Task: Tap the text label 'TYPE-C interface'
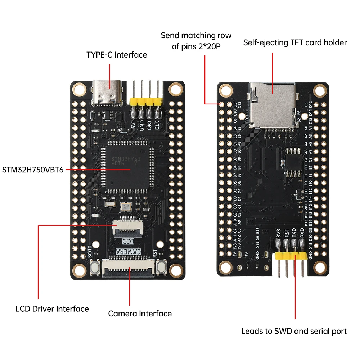pyautogui.click(x=117, y=55)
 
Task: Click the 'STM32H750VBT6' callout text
pyautogui.click(x=33, y=170)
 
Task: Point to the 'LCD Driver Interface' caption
pyautogui.click(x=52, y=309)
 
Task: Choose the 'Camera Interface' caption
pyautogui.click(x=140, y=314)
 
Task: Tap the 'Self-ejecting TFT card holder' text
pyautogui.click(x=295, y=42)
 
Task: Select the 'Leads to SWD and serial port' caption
pyautogui.click(x=294, y=331)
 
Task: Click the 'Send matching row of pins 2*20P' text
pyautogui.click(x=196, y=41)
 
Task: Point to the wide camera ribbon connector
pyautogui.click(x=129, y=267)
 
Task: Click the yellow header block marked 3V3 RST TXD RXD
pyautogui.click(x=291, y=256)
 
